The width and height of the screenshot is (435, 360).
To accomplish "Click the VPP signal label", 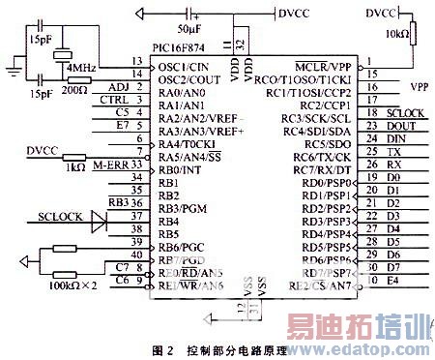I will pyautogui.click(x=418, y=86).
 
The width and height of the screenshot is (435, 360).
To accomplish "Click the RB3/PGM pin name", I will pyautogui.click(x=182, y=207).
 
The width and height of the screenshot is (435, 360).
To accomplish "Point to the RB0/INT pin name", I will pyautogui.click(x=179, y=168).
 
